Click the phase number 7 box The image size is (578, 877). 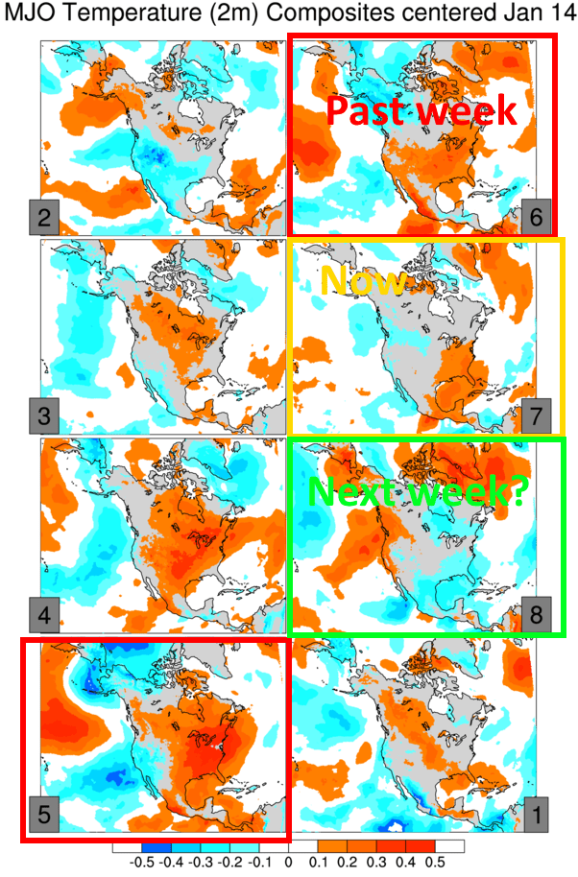[538, 417]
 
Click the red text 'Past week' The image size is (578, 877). [421, 110]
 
